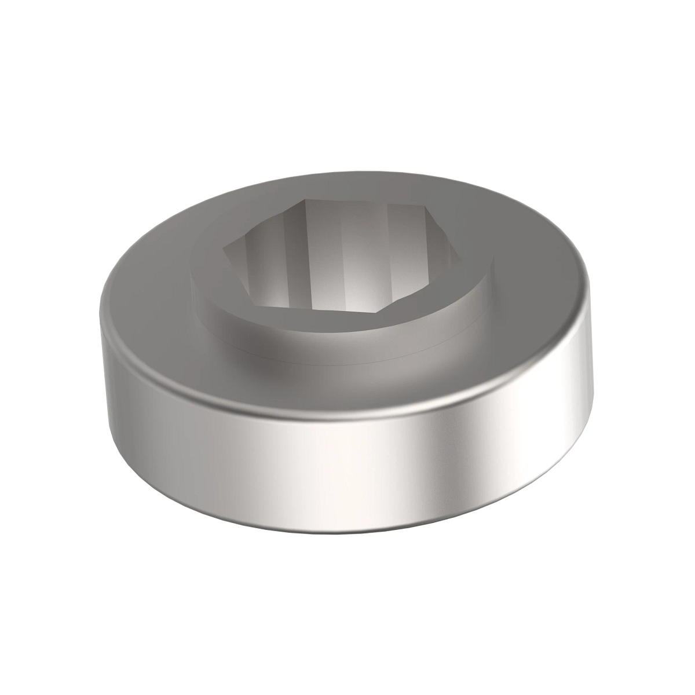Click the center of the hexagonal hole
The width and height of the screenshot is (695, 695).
[x=339, y=264]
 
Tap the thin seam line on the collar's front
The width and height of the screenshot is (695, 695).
[x=336, y=356]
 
